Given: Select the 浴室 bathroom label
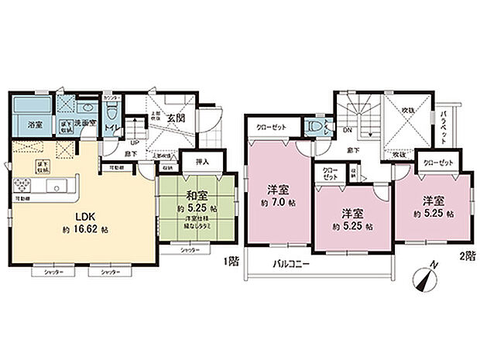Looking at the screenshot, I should click(36, 124).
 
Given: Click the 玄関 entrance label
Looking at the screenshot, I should click(174, 118).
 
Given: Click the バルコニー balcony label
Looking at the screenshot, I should click(292, 263).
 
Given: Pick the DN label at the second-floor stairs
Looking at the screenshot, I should click(347, 131).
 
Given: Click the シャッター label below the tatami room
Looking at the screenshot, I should click(189, 251).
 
